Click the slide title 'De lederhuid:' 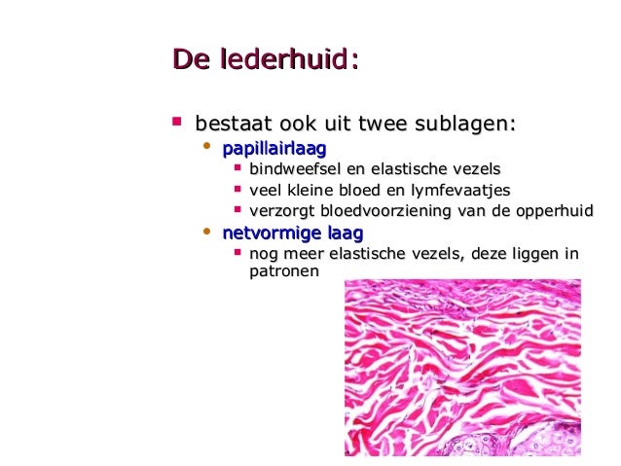265,61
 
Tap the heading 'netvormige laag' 292,233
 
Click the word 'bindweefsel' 290,169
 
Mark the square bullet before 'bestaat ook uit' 176,123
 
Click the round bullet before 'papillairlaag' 205,148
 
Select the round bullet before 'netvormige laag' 205,233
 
